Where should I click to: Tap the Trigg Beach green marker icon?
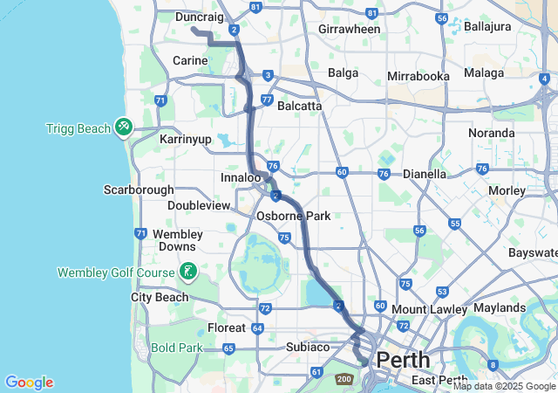[x=124, y=128]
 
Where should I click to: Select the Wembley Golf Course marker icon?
[x=187, y=272]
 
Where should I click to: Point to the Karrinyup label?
[x=186, y=139]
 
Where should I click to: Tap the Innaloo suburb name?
[x=240, y=177]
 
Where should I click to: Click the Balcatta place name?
[x=299, y=106]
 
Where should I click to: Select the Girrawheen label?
[x=350, y=29]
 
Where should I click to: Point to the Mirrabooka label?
[x=418, y=76]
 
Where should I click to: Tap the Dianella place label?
[x=424, y=174]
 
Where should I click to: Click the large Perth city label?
[x=402, y=359]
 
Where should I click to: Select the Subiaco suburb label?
[x=308, y=347]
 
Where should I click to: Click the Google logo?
[x=29, y=383]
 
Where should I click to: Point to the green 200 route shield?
[x=344, y=379]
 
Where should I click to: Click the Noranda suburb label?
[x=491, y=133]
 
